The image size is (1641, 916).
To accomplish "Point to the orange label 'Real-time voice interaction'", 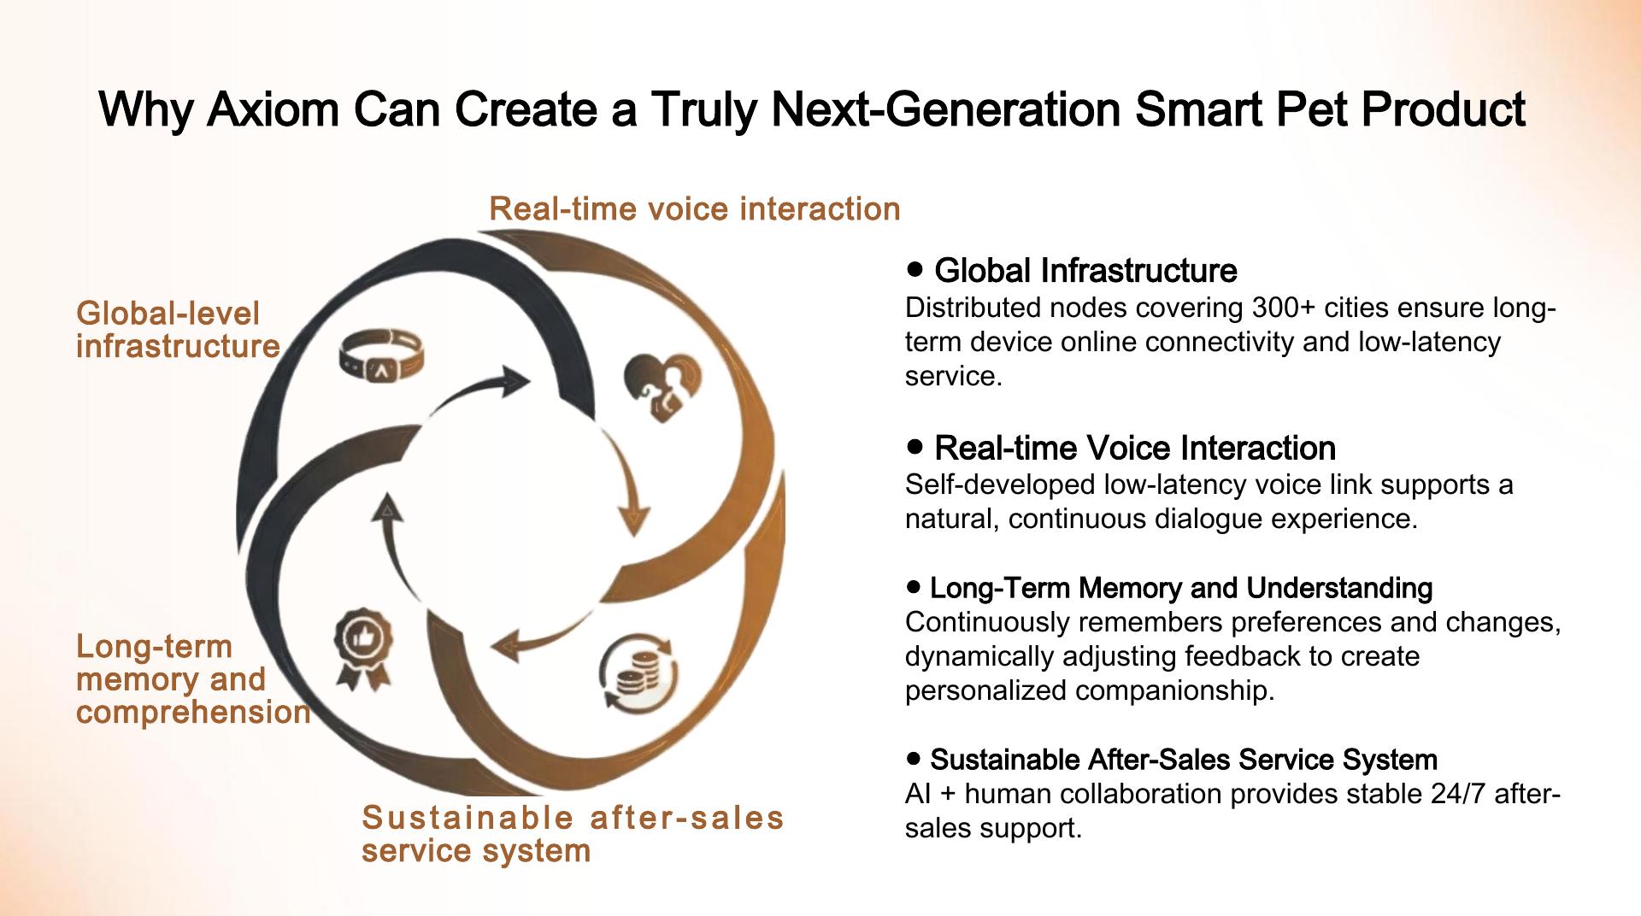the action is click(x=695, y=208).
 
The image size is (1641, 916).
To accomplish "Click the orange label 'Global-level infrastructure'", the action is click(x=178, y=330).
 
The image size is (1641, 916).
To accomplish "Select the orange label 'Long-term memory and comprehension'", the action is click(x=193, y=679).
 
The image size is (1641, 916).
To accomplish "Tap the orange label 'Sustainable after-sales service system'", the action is click(x=573, y=834).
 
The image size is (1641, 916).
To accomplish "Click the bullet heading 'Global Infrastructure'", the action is click(x=1085, y=271).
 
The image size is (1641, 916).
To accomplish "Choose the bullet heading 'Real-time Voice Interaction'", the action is click(x=1135, y=448).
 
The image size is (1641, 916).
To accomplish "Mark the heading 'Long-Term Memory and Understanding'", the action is click(x=1181, y=588).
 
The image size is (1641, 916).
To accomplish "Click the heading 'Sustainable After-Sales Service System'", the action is click(x=1184, y=759).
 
